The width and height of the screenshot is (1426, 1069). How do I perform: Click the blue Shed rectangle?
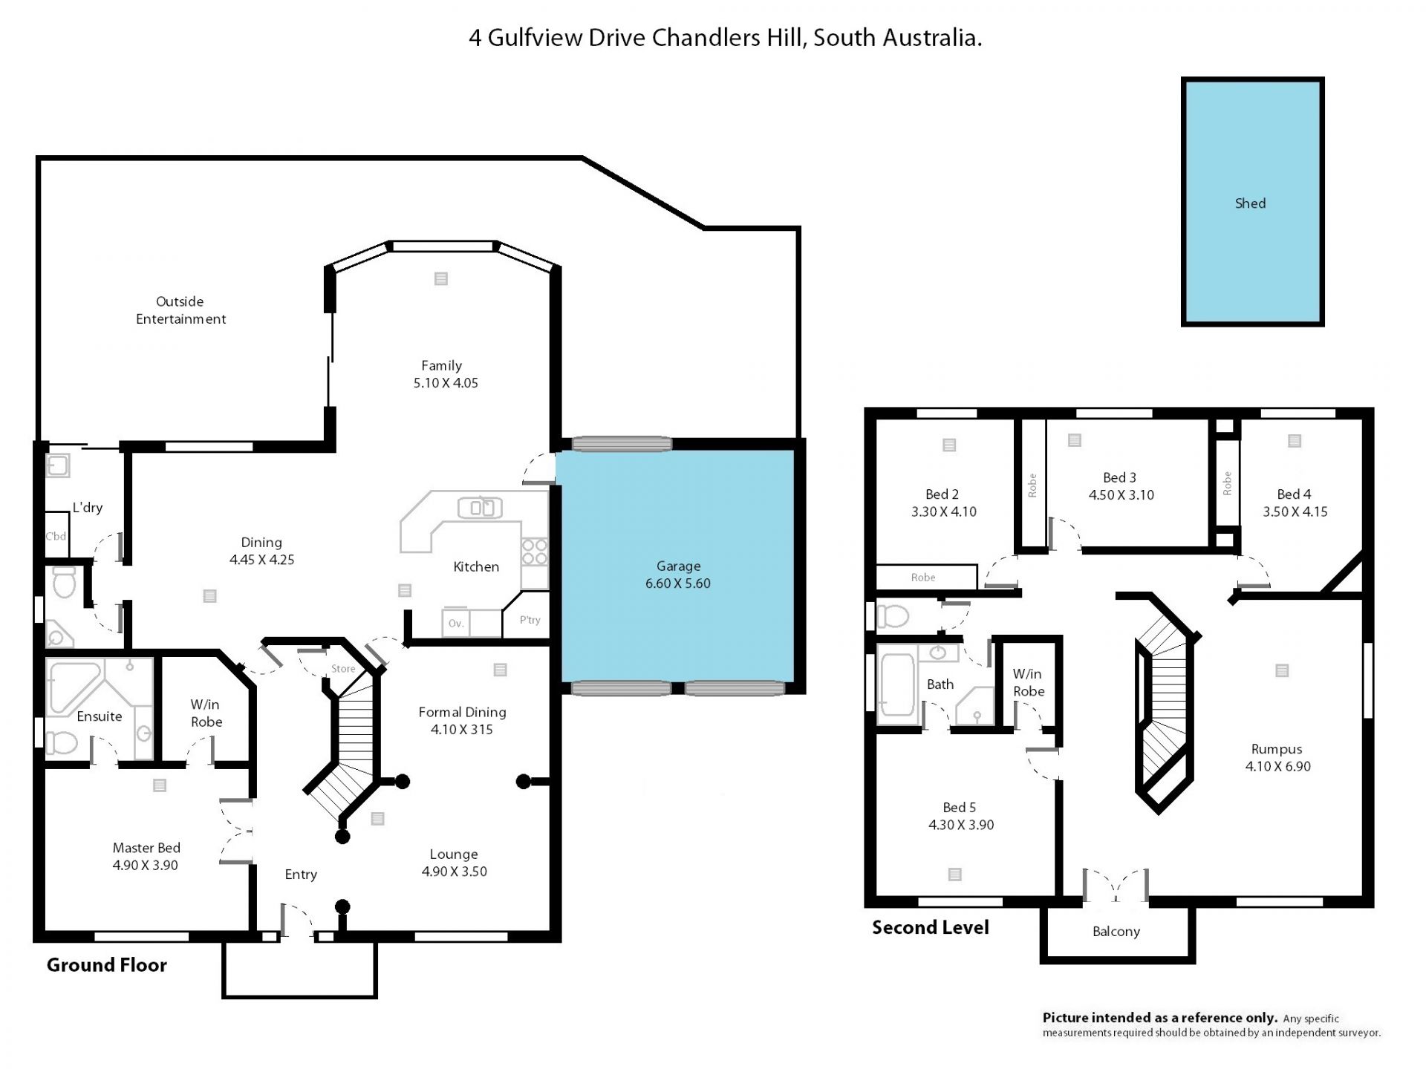tap(1252, 202)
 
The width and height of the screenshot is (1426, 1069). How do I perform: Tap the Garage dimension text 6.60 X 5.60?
tap(677, 583)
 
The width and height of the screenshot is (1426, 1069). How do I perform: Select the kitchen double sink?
tap(480, 508)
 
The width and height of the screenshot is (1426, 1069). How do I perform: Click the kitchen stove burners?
tap(534, 552)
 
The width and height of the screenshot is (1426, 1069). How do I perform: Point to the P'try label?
tap(530, 620)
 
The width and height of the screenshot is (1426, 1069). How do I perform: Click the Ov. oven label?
tap(456, 624)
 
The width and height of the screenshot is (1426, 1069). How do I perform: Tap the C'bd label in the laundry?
tap(56, 536)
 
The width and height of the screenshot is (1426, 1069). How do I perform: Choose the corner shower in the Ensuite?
tap(73, 687)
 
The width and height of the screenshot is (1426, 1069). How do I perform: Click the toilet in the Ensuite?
tap(62, 742)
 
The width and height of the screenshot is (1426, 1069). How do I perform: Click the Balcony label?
tap(1116, 932)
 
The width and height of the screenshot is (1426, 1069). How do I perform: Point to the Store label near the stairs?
tap(343, 669)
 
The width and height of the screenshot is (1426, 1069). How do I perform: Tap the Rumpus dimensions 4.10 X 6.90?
tap(1277, 766)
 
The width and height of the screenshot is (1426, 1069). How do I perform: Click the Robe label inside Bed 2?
tap(923, 578)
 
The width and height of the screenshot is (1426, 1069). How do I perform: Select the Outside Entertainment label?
tap(180, 310)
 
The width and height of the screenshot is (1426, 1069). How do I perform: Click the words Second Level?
tap(930, 927)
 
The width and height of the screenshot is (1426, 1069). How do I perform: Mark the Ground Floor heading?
tap(106, 964)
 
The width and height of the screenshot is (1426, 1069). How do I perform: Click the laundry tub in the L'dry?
tap(58, 465)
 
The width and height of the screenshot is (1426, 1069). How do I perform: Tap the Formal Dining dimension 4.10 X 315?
tap(461, 730)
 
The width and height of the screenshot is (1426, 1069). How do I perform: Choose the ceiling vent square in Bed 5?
tap(955, 875)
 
